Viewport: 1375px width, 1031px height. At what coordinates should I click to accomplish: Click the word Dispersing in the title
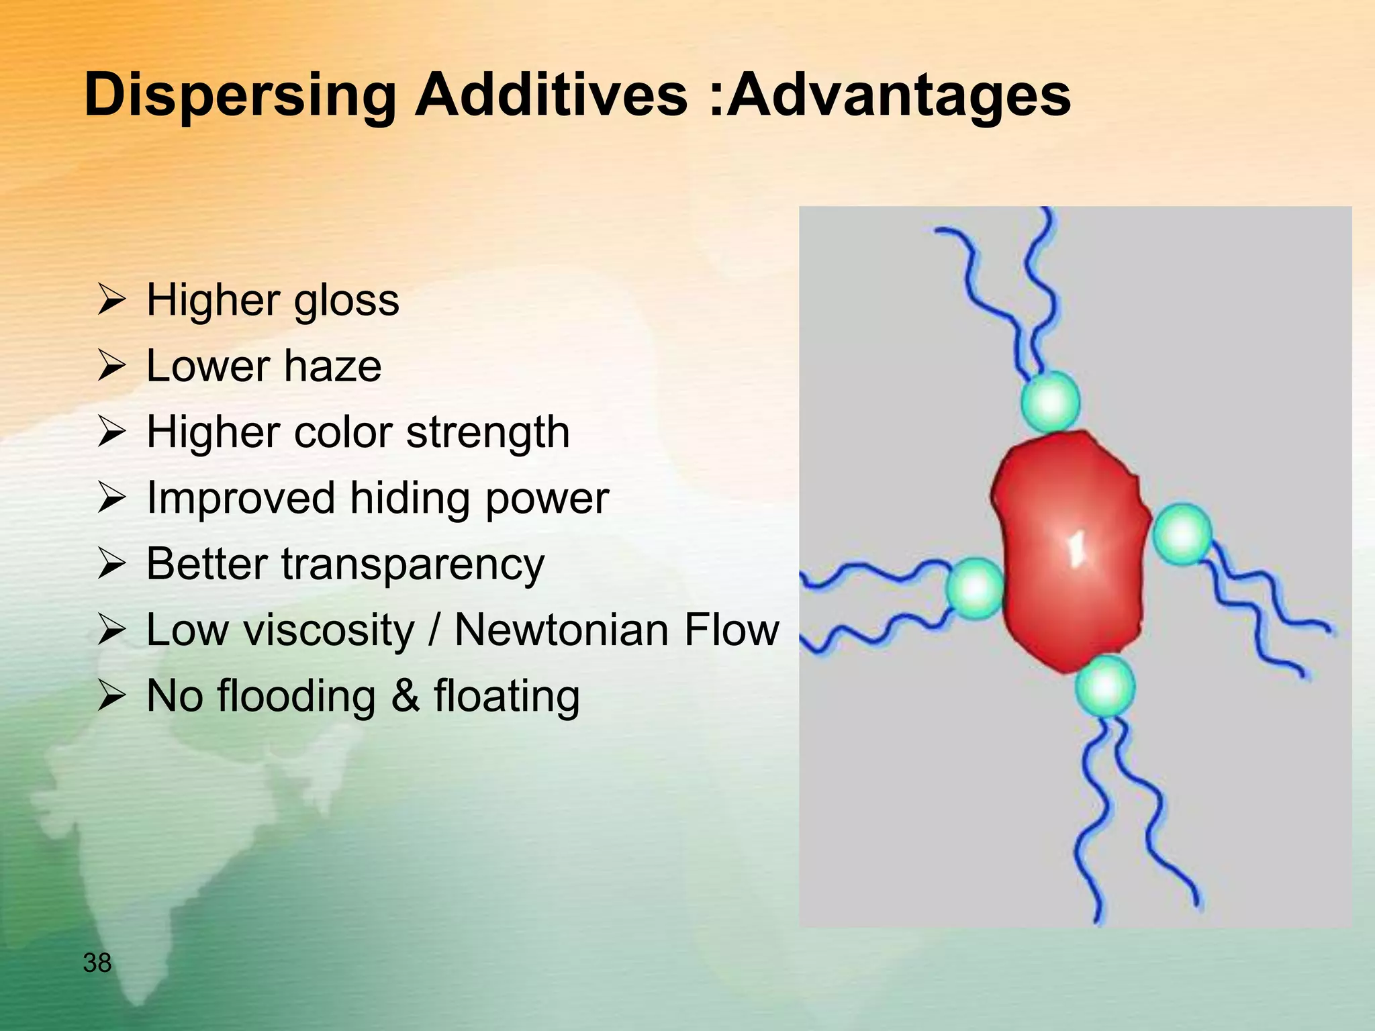pos(240,96)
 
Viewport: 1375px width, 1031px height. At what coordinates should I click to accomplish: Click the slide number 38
pos(97,963)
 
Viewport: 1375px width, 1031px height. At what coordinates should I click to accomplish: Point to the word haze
pos(332,366)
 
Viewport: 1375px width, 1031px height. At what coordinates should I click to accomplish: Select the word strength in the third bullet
pos(488,432)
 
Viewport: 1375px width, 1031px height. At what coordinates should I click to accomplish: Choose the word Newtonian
pos(560,630)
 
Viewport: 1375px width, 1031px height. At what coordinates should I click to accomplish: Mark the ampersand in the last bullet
pos(405,696)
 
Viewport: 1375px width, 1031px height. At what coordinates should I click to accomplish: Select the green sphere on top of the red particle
pos(1050,401)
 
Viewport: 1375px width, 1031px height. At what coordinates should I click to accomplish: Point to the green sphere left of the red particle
pos(975,588)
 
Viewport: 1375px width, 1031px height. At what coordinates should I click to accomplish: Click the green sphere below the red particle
pos(1104,687)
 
